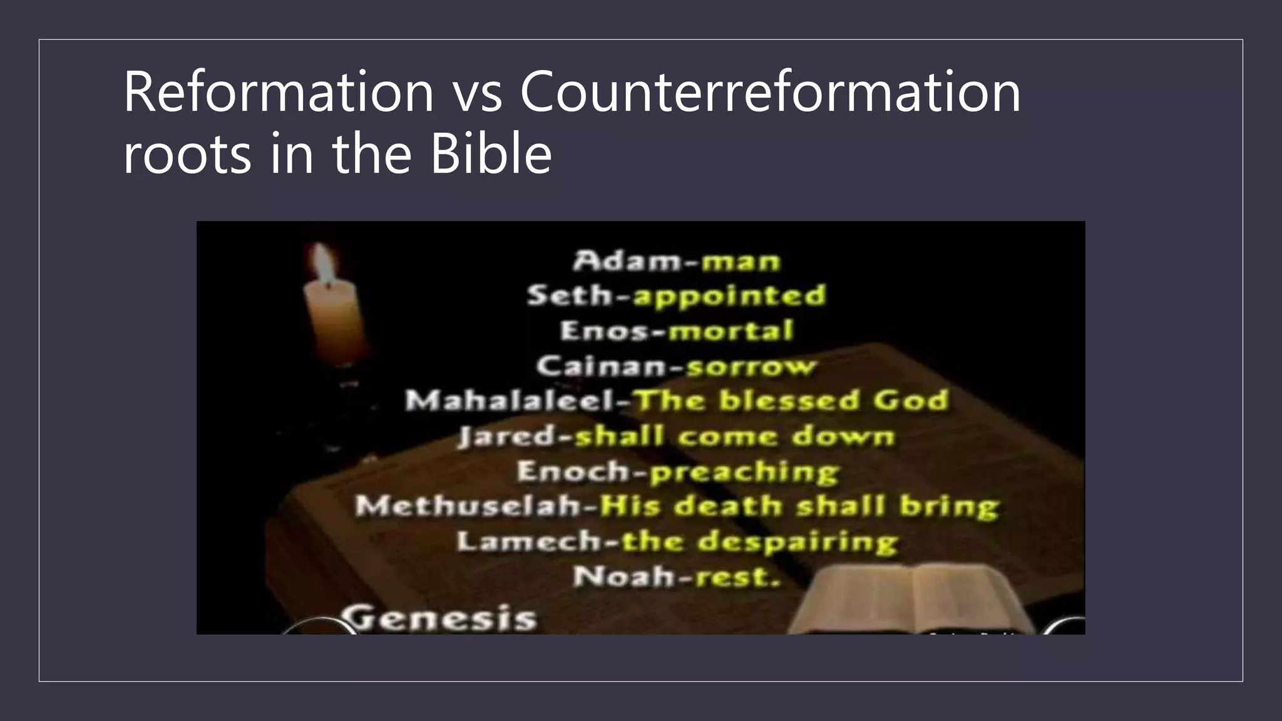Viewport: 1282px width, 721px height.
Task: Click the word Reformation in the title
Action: click(279, 92)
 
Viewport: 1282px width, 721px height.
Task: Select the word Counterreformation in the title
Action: click(770, 92)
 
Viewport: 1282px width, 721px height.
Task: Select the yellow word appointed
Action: click(730, 296)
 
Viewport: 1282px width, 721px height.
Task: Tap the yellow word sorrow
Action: click(752, 366)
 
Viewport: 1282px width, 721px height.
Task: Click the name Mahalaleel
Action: click(511, 401)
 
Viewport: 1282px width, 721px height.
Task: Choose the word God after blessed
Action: click(911, 401)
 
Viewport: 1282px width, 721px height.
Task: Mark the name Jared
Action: click(507, 436)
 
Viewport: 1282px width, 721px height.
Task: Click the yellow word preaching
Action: click(744, 472)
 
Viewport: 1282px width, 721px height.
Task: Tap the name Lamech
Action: click(529, 541)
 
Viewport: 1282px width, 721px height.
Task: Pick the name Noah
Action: click(623, 576)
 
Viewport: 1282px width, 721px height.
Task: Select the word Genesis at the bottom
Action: click(441, 618)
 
